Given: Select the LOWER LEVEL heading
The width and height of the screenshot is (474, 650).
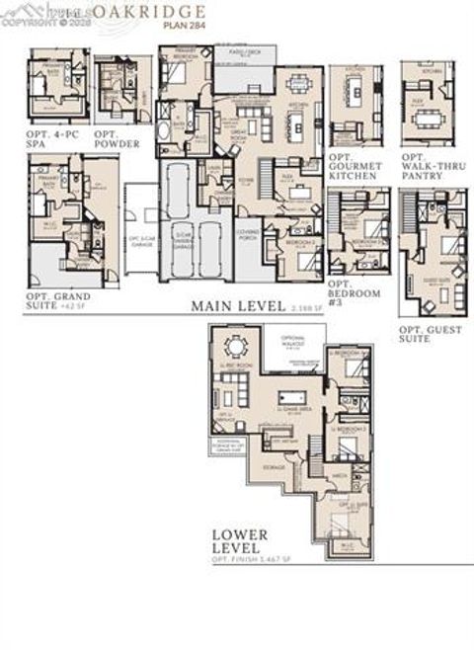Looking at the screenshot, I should tap(237, 539).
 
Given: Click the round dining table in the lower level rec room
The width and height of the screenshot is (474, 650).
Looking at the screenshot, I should tap(238, 347).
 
